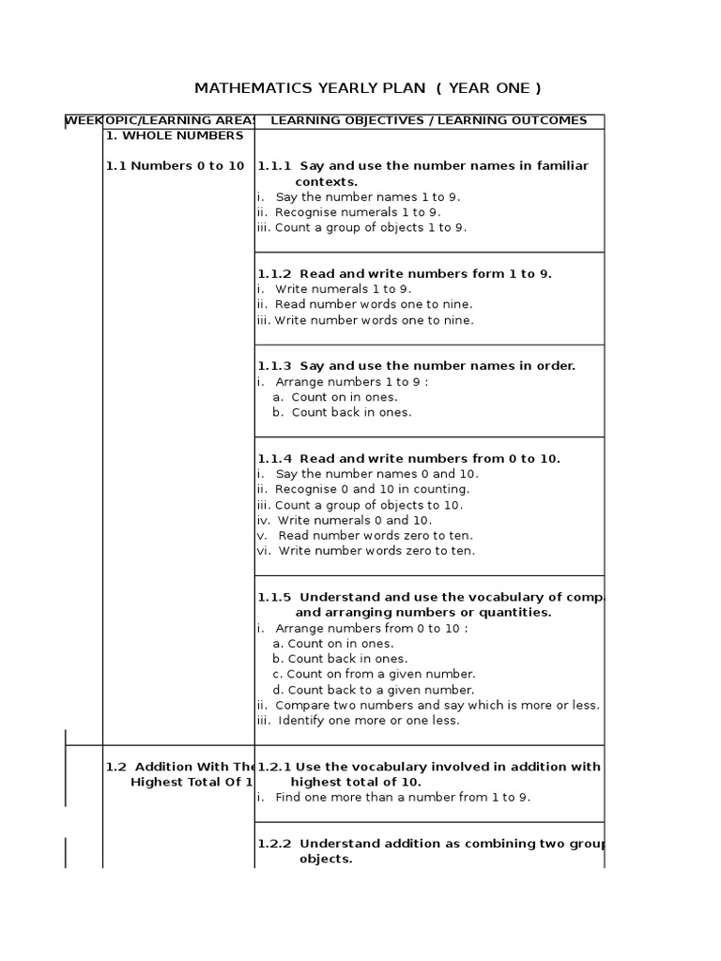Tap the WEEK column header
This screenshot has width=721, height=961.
(83, 120)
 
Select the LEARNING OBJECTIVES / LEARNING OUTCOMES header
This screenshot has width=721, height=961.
(428, 120)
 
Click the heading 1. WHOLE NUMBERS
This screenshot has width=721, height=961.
(174, 135)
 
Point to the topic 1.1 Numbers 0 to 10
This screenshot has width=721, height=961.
(175, 166)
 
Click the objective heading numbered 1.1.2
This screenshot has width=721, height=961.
(405, 274)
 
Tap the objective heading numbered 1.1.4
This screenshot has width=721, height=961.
(408, 459)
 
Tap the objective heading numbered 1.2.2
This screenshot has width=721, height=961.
(431, 844)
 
